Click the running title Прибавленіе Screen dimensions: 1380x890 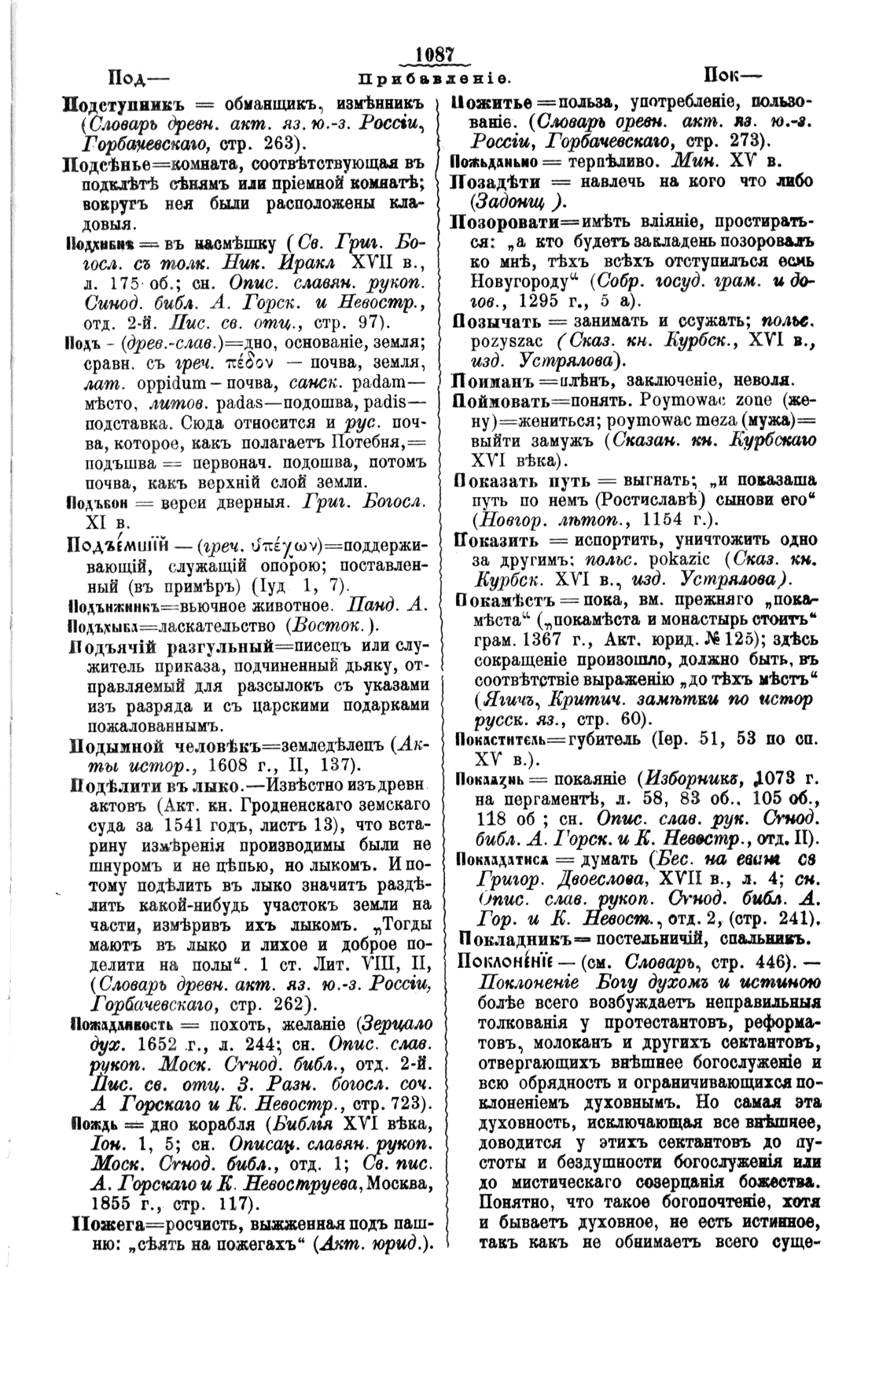[x=435, y=79]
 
